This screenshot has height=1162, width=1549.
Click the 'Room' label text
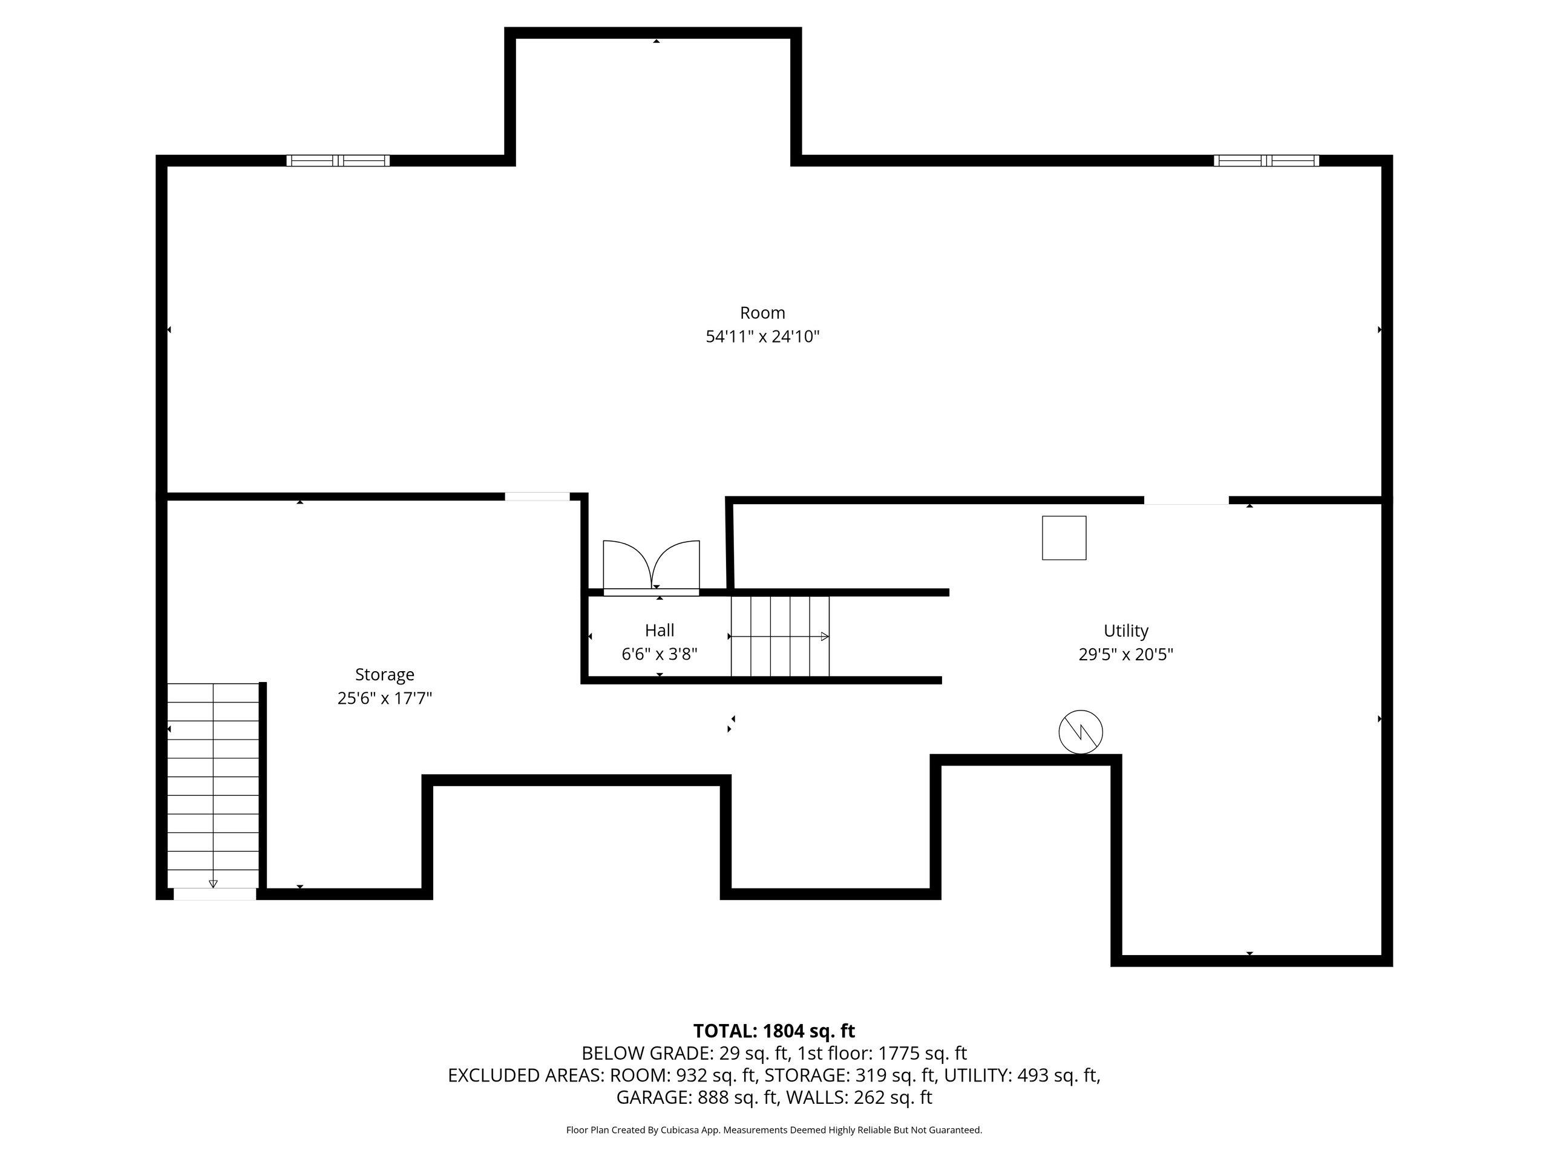pos(762,312)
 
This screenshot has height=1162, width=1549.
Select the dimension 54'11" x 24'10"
pos(762,337)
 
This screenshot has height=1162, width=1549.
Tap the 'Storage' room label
pos(384,675)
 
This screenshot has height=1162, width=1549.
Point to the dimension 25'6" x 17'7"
pos(384,698)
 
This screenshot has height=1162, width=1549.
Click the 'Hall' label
pos(659,631)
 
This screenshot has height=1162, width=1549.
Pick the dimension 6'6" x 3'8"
pos(659,654)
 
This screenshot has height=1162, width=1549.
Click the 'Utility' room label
pos(1125,631)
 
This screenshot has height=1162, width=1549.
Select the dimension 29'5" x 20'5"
pos(1125,655)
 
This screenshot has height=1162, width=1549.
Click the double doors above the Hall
pos(651,566)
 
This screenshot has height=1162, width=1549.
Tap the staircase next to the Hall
pos(779,636)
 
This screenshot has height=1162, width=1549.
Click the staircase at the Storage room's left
pos(213,785)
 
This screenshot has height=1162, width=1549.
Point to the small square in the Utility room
pos(1064,538)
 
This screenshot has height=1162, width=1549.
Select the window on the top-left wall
pos(338,160)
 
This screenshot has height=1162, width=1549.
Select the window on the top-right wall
pos(1265,160)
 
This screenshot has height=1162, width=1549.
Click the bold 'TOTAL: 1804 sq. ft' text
pos(774,1031)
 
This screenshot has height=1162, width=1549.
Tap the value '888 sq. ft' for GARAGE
pos(738,1098)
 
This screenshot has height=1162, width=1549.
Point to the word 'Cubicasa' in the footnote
pos(677,1130)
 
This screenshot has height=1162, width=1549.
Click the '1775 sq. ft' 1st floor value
pos(922,1054)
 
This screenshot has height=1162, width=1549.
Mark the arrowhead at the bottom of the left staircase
pos(213,884)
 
